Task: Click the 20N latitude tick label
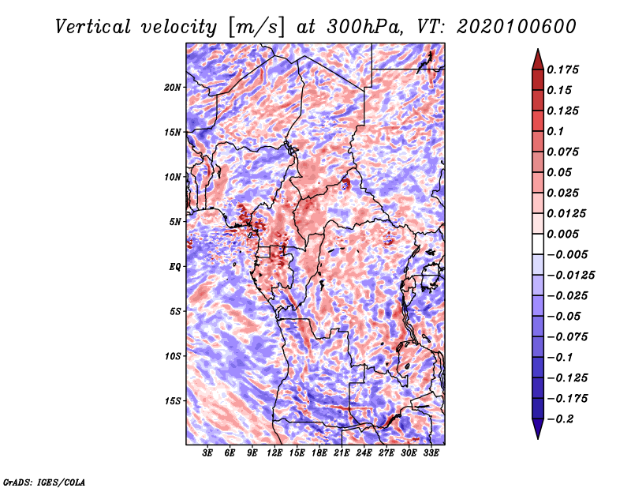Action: (173, 87)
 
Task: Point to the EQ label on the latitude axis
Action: (174, 266)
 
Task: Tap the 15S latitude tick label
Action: (173, 400)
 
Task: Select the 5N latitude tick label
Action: (174, 221)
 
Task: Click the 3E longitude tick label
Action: (207, 454)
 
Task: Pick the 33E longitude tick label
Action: (430, 454)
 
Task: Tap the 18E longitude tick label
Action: (319, 454)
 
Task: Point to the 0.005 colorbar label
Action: (566, 234)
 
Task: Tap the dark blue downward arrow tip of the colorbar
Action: (537, 434)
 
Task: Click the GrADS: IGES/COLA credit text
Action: (44, 481)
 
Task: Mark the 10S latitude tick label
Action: (173, 355)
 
